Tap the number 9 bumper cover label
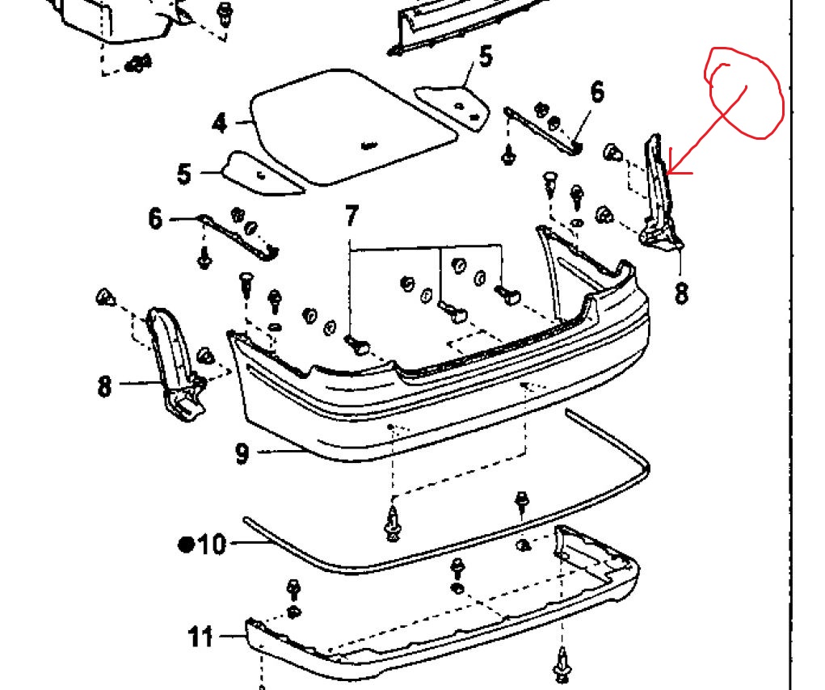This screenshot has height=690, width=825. tap(242, 453)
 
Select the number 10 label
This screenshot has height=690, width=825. tap(213, 545)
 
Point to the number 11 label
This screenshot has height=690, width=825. tap(201, 637)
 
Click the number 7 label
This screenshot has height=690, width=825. tap(351, 217)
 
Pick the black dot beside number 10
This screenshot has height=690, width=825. tap(187, 545)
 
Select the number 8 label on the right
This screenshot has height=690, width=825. tap(681, 292)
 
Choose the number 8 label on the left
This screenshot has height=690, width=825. tap(104, 385)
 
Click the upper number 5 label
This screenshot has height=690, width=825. tap(485, 57)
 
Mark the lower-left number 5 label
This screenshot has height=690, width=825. tap(185, 174)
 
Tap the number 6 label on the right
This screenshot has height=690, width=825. tap(596, 92)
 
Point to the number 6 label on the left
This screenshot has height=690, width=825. tap(155, 218)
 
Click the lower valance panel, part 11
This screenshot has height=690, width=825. tap(436, 622)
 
